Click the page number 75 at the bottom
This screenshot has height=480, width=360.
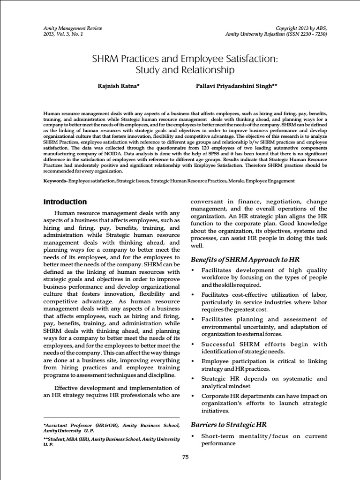(x=185, y=457)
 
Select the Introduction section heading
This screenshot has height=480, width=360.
(x=65, y=202)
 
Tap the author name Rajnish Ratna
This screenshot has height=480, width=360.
(x=116, y=86)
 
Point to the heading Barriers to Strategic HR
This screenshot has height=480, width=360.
(x=229, y=425)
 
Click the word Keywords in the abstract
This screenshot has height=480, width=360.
(x=55, y=180)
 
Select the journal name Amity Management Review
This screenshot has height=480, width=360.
(x=73, y=28)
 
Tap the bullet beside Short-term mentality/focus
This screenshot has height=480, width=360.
(x=194, y=437)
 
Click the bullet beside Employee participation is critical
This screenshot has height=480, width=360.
(x=194, y=361)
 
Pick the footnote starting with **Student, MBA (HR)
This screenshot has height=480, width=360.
(x=111, y=442)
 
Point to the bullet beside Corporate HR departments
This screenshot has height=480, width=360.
(x=194, y=396)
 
